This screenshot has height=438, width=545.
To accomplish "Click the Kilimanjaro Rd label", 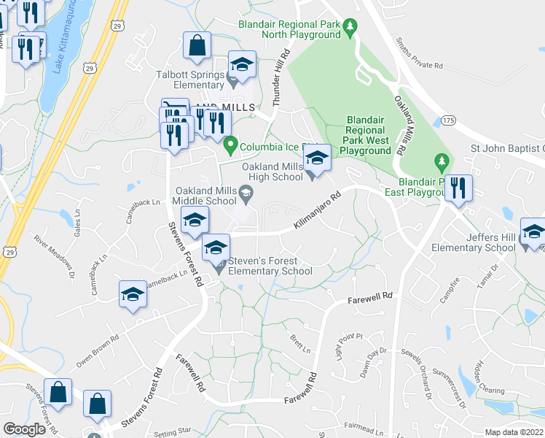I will (317, 211).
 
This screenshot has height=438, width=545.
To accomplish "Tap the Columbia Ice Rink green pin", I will (231, 145).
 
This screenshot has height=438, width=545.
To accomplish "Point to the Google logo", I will (23, 429).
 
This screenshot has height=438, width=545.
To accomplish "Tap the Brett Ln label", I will (300, 342).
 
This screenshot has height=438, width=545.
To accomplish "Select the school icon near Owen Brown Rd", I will (133, 293).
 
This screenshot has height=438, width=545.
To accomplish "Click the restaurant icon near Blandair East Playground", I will (458, 188).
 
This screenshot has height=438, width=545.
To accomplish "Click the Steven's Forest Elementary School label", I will (270, 266).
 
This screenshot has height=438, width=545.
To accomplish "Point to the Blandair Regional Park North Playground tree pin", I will (350, 28).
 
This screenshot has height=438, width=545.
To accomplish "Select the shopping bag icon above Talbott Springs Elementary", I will (196, 45).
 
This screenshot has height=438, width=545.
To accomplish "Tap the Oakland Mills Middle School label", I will (205, 196).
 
